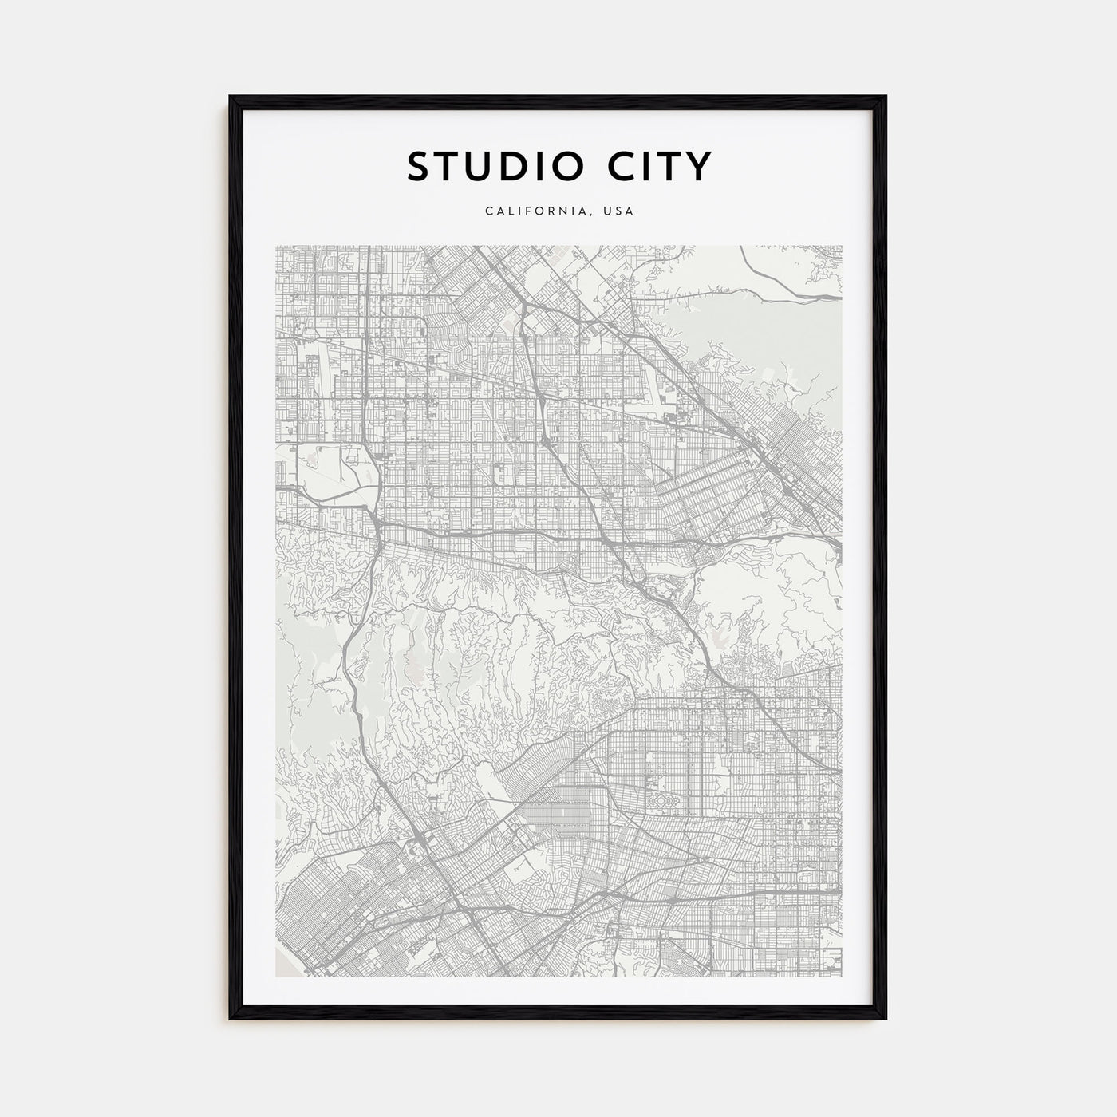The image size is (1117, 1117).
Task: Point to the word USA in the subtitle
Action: click(619, 211)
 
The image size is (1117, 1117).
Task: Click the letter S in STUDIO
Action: click(420, 166)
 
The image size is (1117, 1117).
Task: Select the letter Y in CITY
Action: click(696, 166)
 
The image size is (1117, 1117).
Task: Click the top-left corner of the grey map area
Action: click(276, 246)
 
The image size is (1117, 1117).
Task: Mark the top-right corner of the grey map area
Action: click(842, 246)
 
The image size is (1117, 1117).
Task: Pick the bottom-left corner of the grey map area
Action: click(276, 976)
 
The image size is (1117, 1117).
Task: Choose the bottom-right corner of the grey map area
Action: click(842, 976)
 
